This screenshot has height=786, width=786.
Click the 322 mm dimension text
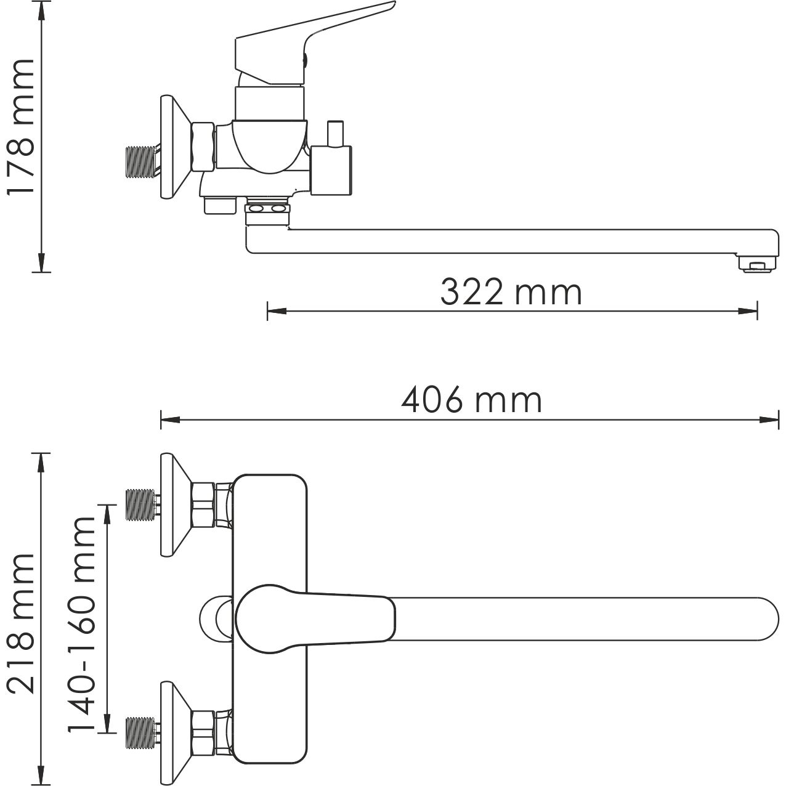(x=511, y=293)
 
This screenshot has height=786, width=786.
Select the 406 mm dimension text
(x=471, y=401)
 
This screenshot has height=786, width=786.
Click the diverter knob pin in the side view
(x=334, y=132)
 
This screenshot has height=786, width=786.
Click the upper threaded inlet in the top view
(x=140, y=504)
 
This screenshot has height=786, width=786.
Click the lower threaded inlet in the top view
(x=140, y=732)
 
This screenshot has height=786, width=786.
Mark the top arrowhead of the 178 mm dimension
(x=41, y=9)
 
